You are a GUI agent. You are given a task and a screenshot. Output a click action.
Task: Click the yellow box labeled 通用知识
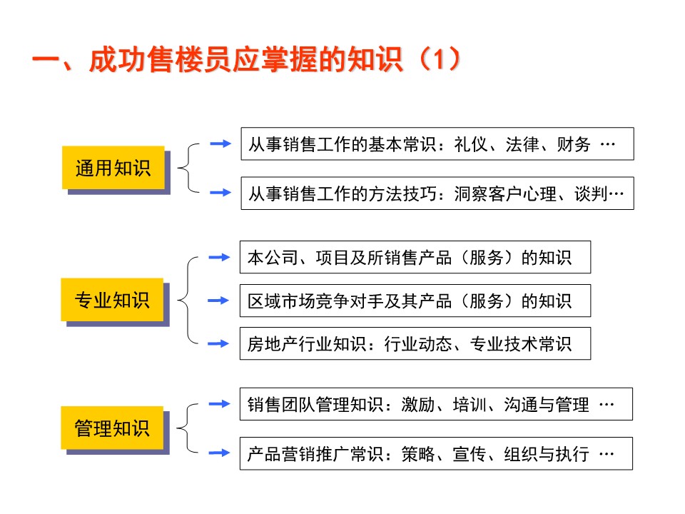pos(113,168)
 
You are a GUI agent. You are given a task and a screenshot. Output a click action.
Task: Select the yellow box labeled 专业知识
pos(113,300)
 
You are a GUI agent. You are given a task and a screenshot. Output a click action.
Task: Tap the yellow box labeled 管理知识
pos(113,428)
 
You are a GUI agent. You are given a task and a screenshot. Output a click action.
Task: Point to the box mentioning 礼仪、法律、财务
pos(437,144)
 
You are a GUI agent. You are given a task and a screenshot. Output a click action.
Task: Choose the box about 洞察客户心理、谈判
pos(437,193)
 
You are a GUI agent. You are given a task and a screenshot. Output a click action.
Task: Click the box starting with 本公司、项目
pos(415,257)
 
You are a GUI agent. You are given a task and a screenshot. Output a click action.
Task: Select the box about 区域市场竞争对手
pos(415,301)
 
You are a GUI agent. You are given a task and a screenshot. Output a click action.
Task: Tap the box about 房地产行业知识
pos(415,343)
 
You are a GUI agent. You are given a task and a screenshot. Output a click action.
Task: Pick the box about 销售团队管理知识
pos(436,404)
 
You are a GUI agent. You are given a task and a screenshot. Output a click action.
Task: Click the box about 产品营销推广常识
pos(436,453)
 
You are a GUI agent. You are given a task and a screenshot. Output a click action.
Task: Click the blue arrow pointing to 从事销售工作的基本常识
pos(220,143)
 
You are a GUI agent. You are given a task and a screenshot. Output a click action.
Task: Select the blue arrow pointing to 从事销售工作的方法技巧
pos(220,192)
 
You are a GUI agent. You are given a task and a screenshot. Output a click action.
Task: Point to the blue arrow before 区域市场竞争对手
pos(218,301)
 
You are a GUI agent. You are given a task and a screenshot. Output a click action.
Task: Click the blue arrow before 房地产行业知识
pos(218,343)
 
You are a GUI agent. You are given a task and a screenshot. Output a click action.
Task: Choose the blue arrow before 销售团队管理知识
pos(219,404)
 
